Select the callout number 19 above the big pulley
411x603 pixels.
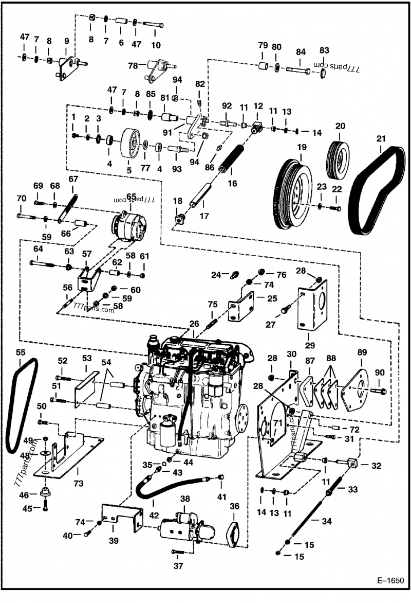click(301, 148)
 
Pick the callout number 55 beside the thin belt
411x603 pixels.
click(20, 353)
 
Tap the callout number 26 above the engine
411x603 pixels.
click(194, 324)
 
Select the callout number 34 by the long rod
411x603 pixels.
click(327, 521)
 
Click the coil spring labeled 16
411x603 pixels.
click(232, 159)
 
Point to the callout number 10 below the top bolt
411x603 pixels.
click(156, 44)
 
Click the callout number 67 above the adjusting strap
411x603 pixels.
click(73, 179)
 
